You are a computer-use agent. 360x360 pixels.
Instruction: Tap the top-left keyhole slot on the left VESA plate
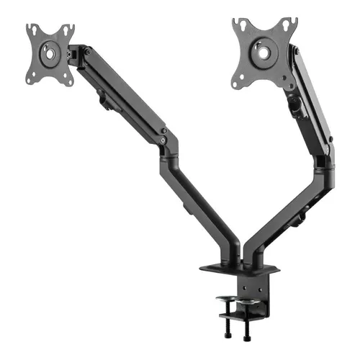pos(32,30)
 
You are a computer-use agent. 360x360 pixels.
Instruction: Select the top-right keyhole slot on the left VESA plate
pos(71,30)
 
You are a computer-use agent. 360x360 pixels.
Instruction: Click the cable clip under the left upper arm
pos(106,101)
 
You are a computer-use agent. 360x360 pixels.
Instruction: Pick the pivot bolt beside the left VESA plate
pos(86,53)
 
